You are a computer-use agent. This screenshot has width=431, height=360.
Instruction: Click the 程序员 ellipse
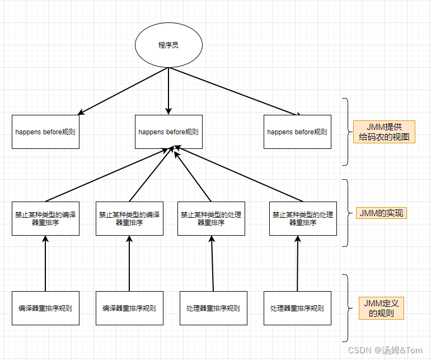tap(168, 45)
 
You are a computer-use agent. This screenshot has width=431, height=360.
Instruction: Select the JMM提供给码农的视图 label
tap(384, 132)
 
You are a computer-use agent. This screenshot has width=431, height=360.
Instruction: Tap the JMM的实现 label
tap(381, 213)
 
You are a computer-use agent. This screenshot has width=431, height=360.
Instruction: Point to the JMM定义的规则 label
tap(381, 308)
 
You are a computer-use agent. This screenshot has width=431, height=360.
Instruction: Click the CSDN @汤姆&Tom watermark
tap(385, 350)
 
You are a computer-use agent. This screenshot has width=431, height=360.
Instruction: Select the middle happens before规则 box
tap(168, 132)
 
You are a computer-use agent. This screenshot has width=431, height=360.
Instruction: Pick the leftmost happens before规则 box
tap(45, 132)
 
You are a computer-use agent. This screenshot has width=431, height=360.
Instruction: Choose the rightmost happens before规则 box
tap(297, 132)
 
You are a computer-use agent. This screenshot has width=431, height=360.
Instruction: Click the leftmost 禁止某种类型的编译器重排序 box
tap(45, 218)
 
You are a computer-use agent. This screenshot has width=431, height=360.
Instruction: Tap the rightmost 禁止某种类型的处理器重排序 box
tap(303, 218)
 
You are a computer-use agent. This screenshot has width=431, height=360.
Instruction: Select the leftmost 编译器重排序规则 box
tap(45, 308)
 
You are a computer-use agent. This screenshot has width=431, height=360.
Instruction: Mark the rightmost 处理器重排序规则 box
tap(297, 308)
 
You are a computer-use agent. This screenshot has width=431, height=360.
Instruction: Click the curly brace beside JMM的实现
tap(346, 213)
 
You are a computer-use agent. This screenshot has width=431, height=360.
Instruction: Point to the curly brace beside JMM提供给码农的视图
tap(346, 132)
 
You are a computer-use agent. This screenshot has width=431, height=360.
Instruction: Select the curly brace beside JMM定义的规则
tap(346, 308)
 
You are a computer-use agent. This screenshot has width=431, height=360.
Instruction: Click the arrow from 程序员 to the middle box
tap(168, 90)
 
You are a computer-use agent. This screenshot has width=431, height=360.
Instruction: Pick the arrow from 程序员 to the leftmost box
tap(123, 90)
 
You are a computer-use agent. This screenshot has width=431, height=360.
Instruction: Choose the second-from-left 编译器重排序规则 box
tap(129, 308)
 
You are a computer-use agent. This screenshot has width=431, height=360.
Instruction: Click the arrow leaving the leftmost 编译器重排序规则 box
tap(45, 263)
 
